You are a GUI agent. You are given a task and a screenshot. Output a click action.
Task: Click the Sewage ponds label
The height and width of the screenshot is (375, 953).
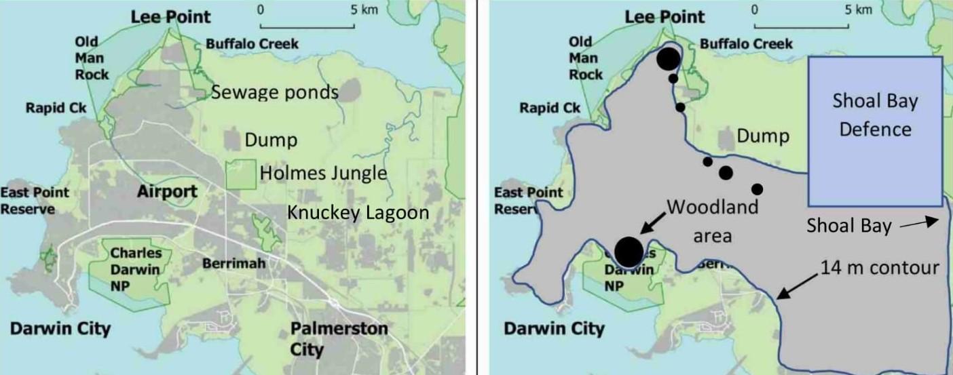[274, 92]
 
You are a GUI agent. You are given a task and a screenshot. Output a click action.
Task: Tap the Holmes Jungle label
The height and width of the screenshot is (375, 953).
[323, 174]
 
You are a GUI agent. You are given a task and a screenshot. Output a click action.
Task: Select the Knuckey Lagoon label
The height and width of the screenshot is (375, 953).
[358, 212]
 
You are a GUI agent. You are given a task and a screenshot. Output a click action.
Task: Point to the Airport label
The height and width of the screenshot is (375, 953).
[167, 192]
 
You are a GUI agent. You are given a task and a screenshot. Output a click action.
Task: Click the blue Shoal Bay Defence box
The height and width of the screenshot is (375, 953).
[875, 131]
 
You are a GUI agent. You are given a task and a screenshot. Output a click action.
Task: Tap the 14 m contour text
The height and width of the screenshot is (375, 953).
[879, 268]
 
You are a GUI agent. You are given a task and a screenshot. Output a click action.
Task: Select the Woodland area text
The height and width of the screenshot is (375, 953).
[712, 221]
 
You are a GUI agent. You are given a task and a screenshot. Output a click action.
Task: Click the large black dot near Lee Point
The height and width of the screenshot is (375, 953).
[668, 59]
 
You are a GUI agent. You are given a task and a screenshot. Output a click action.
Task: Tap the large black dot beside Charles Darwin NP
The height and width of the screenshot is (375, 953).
[629, 251]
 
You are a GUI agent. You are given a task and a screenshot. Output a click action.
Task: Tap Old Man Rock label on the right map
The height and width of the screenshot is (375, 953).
[585, 58]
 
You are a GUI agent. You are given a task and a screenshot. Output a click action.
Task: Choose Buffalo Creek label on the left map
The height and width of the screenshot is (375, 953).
[252, 44]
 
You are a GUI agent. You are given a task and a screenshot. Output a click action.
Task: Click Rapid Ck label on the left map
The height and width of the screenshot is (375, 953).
[56, 108]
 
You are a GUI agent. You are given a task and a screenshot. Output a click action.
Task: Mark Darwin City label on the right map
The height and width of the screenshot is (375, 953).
[554, 330]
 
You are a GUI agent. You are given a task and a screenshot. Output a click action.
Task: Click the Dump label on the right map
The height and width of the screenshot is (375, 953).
[763, 136]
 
